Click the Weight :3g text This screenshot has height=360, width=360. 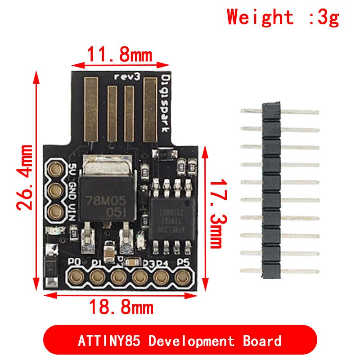pyautogui.click(x=283, y=17)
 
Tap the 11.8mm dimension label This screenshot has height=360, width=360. pyautogui.click(x=119, y=55)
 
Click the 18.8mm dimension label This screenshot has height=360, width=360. pyautogui.click(x=121, y=308)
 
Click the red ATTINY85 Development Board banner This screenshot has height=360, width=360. pyautogui.click(x=180, y=340)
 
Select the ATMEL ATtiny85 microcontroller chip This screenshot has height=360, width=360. pyautogui.click(x=171, y=215)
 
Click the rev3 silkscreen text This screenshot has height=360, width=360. pyautogui.click(x=126, y=76)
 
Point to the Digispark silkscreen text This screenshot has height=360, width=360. pyautogui.click(x=165, y=103)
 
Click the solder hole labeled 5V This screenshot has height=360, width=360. pyautogui.click(x=57, y=170)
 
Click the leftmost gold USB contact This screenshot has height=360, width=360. pyautogui.click(x=91, y=108)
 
